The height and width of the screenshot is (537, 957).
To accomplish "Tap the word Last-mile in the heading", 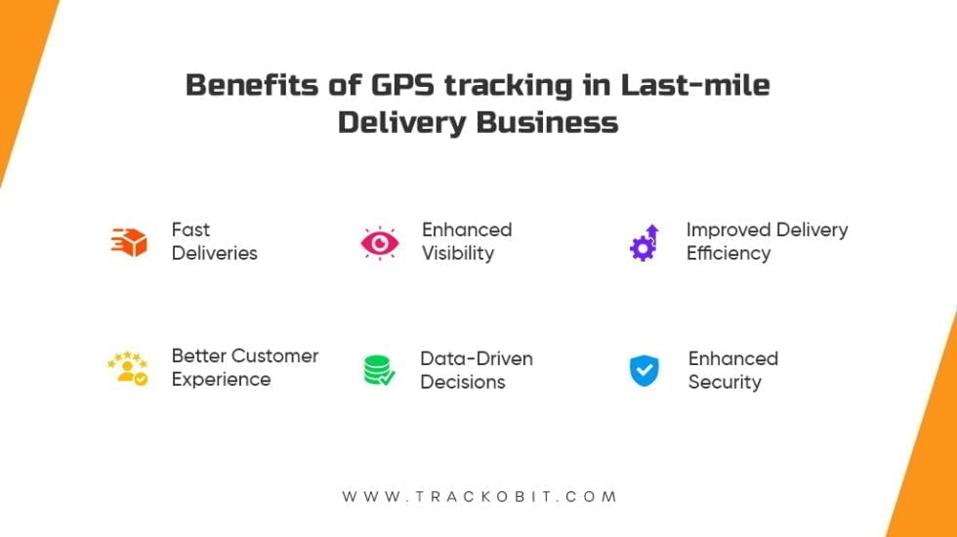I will (x=695, y=85).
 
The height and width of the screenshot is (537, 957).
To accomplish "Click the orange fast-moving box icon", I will (x=129, y=241).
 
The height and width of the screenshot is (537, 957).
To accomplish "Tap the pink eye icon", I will (x=379, y=242).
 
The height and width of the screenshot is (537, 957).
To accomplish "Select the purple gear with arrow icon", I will (x=645, y=242).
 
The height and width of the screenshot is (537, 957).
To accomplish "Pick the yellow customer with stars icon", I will (x=128, y=368).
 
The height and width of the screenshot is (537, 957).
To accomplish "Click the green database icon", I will (x=379, y=370).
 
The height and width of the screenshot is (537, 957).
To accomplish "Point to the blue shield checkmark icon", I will (x=645, y=370).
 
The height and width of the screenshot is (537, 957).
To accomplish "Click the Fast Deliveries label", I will (x=214, y=241).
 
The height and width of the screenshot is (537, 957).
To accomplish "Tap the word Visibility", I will (x=457, y=253).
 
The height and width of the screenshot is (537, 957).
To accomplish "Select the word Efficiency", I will (x=728, y=253).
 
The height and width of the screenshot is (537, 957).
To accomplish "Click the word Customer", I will (x=274, y=355).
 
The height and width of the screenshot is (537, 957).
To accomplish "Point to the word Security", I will (x=724, y=382).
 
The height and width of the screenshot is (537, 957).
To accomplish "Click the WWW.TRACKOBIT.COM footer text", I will (x=478, y=497).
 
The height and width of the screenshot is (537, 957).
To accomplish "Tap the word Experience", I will (x=220, y=379).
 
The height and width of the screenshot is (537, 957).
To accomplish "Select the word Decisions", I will (x=462, y=382).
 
